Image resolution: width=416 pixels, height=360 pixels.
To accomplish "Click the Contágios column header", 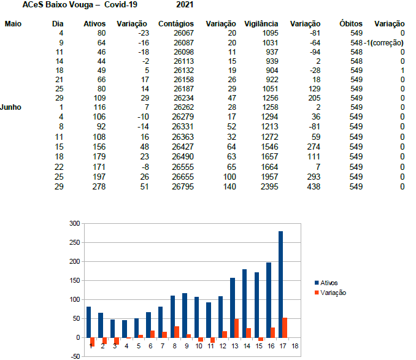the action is click(176, 24).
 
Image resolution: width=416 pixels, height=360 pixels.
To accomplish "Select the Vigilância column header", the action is click(261, 24).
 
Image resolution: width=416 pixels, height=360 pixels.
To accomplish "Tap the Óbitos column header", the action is click(351, 23).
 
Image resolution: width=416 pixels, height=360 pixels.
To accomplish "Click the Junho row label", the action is click(10, 107).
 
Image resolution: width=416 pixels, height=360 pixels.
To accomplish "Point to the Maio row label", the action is click(13, 24).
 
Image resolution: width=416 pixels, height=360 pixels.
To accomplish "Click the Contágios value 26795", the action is click(183, 186).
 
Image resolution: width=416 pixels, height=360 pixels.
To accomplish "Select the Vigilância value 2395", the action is click(269, 186).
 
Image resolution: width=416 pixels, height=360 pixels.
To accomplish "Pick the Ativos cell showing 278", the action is click(99, 186).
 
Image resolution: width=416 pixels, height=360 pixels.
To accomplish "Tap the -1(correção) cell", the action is click(383, 43).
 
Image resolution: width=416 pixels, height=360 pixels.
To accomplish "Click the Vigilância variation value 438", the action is click(314, 186).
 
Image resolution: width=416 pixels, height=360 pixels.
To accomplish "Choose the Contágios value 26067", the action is click(183, 33).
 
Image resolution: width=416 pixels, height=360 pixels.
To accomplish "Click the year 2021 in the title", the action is click(185, 5).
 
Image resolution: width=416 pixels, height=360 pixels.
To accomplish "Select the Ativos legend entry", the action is click(326, 283).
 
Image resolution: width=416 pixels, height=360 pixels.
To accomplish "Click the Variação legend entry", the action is click(330, 293).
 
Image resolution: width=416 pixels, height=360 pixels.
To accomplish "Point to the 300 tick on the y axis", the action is click(75, 223).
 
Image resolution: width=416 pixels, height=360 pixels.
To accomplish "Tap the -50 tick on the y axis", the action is click(75, 356).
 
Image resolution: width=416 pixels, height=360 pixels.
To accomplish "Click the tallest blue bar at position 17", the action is click(280, 285).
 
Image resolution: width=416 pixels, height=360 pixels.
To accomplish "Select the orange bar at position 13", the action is click(236, 329).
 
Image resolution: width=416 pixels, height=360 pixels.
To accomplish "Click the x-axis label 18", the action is click(295, 347).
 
